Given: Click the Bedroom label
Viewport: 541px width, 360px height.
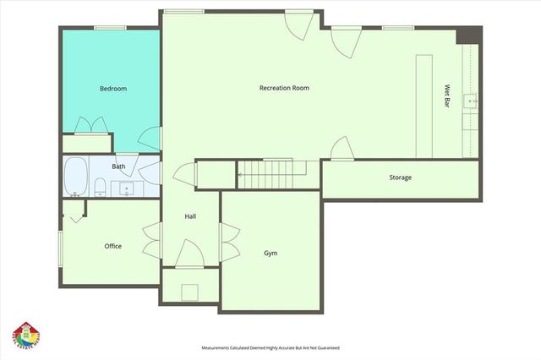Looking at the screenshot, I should (112, 89).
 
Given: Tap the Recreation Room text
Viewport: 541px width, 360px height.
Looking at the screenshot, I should (283, 88).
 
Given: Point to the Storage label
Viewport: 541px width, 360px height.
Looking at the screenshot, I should (400, 177).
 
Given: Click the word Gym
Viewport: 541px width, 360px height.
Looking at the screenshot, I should (270, 253).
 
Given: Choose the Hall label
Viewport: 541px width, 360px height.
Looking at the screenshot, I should (190, 217).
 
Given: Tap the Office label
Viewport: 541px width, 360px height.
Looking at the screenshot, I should (112, 246).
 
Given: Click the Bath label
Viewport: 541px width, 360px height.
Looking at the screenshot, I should (118, 166).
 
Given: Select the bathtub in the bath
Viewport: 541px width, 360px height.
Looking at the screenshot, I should (76, 176).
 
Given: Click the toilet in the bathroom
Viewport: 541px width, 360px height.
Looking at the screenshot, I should (99, 185).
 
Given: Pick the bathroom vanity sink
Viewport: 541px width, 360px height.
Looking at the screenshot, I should (127, 188).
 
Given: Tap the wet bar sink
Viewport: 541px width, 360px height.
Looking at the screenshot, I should (473, 100).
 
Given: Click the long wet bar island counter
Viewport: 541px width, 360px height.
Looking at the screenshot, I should (424, 106).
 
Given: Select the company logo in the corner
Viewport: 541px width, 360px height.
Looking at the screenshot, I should (27, 335).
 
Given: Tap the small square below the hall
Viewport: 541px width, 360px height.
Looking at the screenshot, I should (190, 292).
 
